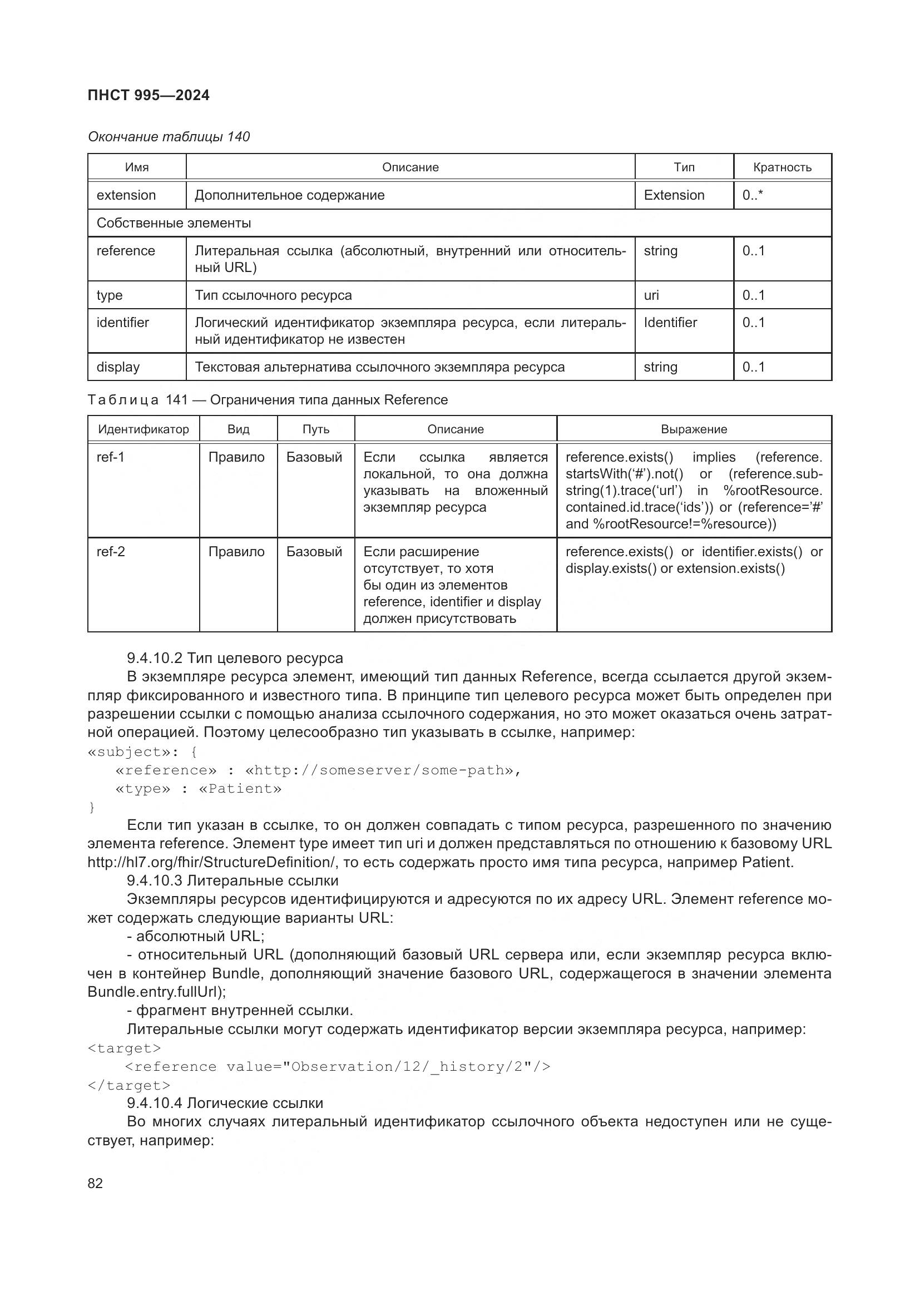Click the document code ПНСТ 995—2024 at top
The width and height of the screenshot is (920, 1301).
tap(149, 95)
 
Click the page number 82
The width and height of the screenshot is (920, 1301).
tap(95, 1183)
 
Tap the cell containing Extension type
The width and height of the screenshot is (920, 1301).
tap(674, 195)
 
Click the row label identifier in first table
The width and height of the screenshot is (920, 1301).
tap(122, 323)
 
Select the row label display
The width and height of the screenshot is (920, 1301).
tap(118, 367)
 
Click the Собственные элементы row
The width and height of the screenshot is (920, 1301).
tap(174, 222)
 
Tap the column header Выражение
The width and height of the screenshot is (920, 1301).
tap(694, 429)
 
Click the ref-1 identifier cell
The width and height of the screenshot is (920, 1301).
tap(111, 457)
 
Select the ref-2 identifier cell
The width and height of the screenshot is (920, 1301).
tap(111, 551)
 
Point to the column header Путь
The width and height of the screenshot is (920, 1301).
tap(315, 429)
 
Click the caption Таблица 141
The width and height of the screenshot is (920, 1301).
tap(268, 400)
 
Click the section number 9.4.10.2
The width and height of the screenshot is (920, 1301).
tap(154, 658)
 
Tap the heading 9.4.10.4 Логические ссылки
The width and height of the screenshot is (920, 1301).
tap(225, 1102)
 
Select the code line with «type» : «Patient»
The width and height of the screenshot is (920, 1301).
tap(197, 789)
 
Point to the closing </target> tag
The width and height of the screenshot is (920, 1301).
tap(128, 1085)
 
